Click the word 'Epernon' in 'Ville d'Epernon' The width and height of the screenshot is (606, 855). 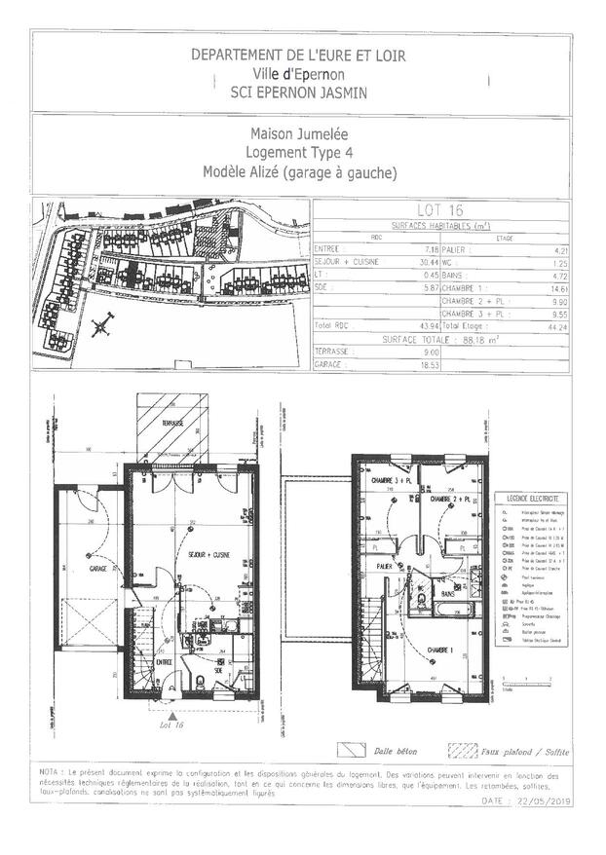319,73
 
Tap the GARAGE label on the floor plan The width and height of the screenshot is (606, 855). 97,568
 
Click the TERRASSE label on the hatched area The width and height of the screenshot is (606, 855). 175,425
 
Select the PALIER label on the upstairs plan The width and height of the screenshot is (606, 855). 386,564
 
